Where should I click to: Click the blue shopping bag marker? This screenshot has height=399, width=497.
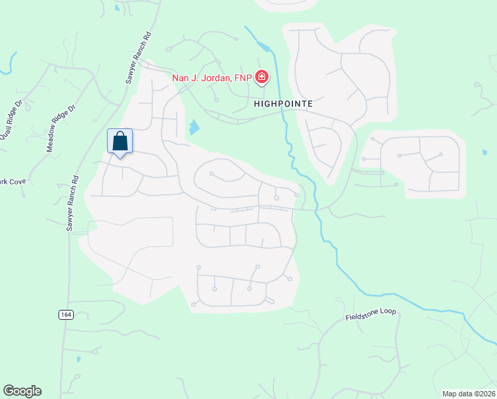(x=120, y=142)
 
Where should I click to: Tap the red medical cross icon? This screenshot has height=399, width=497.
(x=262, y=78)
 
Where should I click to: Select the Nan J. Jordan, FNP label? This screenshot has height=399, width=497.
(x=212, y=78)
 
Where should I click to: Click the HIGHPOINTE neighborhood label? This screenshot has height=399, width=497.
(x=283, y=104)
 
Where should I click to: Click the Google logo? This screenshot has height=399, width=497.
(x=22, y=391)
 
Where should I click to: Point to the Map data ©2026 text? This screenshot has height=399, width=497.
(x=468, y=394)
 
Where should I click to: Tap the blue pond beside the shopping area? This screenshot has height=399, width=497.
(x=193, y=127)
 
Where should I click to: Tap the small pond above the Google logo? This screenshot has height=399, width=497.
(x=78, y=359)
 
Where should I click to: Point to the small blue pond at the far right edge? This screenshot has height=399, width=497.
(x=484, y=152)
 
